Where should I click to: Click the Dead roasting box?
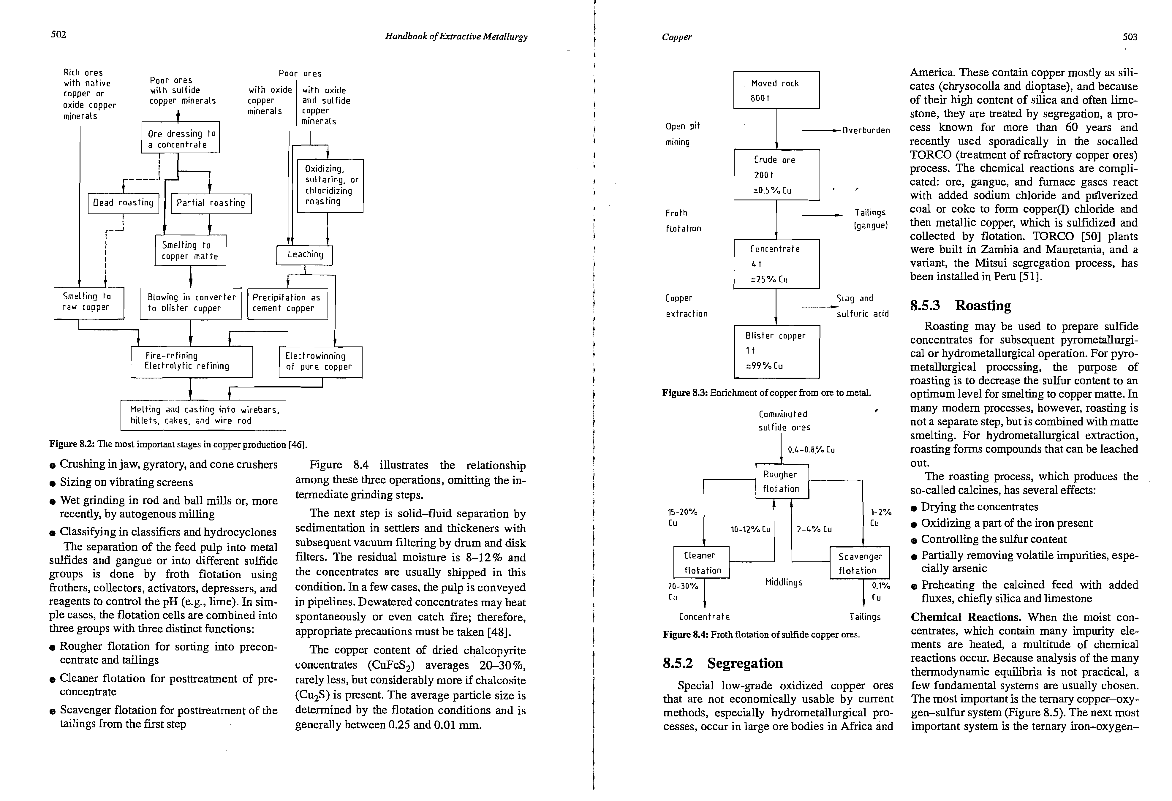tap(123, 203)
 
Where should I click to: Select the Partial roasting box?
tap(211, 203)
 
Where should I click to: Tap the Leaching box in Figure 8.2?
tap(305, 254)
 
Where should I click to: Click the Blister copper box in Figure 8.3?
tap(776, 351)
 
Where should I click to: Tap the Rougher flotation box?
tap(782, 482)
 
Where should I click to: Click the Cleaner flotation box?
tap(701, 563)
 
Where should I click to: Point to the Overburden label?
tap(866, 131)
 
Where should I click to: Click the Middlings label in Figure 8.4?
tap(784, 582)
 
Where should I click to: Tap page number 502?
tap(58, 34)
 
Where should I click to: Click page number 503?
tap(1130, 37)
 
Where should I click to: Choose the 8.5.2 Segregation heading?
tap(723, 663)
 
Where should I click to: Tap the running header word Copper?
tap(677, 37)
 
